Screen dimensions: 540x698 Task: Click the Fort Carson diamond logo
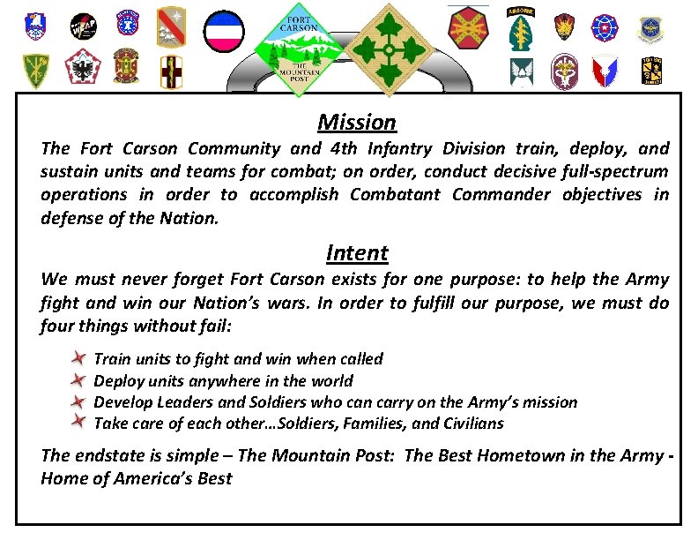300,49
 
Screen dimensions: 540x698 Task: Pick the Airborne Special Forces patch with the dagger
520,28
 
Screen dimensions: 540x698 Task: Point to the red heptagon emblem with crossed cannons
468,27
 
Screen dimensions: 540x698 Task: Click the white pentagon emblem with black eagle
84,69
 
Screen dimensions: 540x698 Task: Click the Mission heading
357,122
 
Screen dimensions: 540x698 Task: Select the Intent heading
357,253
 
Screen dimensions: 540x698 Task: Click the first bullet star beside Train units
78,358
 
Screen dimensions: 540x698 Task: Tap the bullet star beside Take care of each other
78,423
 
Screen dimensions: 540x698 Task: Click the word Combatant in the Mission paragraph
397,194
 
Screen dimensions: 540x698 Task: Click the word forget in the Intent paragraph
191,280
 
